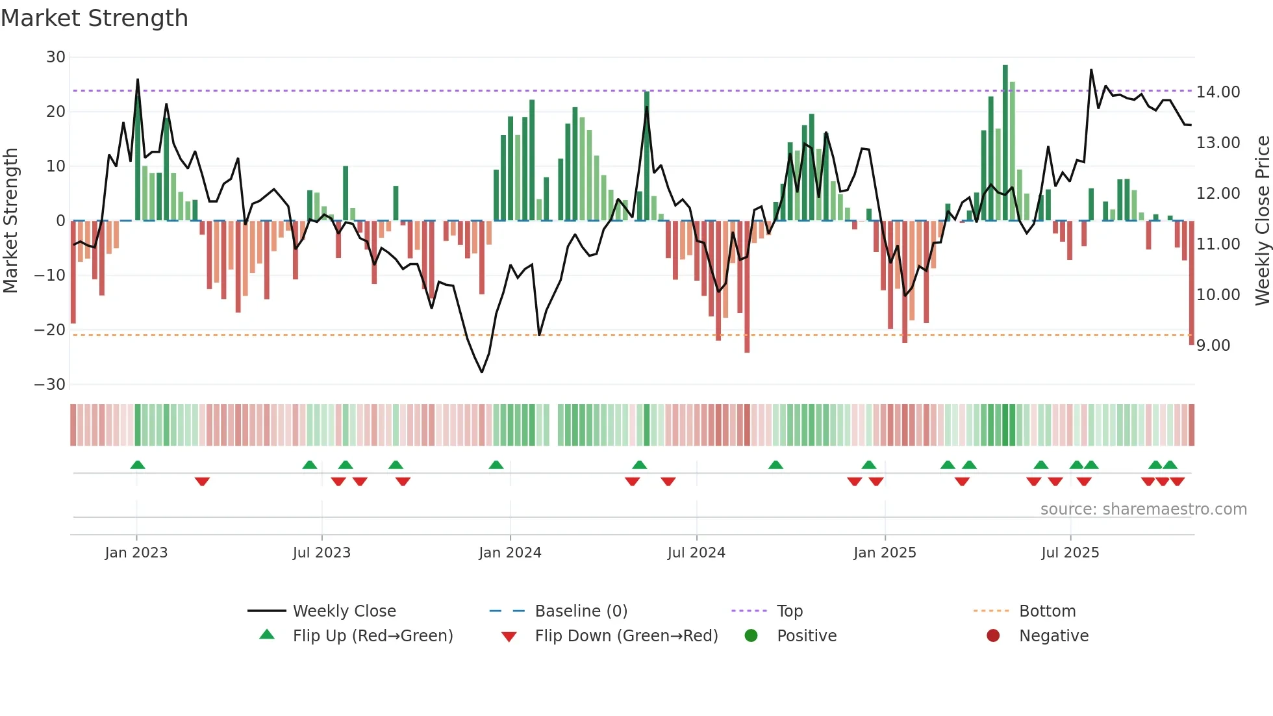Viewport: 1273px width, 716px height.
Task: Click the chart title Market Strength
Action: click(94, 18)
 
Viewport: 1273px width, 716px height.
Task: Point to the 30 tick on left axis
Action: click(55, 57)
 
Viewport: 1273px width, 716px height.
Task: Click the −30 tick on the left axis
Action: click(50, 385)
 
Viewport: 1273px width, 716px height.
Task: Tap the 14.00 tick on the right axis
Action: click(1218, 92)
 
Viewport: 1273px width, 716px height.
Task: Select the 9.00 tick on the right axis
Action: click(1213, 346)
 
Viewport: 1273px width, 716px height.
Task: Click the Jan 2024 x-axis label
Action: click(510, 553)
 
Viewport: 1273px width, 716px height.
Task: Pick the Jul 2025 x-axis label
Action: click(1070, 553)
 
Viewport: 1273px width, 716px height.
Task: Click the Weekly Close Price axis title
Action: click(1262, 221)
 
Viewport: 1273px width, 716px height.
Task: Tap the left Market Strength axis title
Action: click(10, 221)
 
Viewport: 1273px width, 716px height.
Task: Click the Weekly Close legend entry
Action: click(344, 611)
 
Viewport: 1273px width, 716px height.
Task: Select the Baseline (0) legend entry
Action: click(581, 611)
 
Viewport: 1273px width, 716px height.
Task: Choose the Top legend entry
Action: click(789, 611)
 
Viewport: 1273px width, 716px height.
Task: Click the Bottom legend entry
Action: click(1047, 611)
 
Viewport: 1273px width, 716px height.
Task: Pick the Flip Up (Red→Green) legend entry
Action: click(372, 636)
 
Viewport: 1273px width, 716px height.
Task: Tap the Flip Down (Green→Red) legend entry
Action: click(626, 636)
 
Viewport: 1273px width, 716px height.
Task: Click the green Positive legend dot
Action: click(751, 636)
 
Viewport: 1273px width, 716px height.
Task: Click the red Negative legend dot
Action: click(993, 636)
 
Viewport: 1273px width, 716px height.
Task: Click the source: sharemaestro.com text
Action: click(1143, 509)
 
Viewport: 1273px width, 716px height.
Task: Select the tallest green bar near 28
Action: click(1005, 143)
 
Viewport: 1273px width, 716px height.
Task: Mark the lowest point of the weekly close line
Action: click(482, 372)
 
